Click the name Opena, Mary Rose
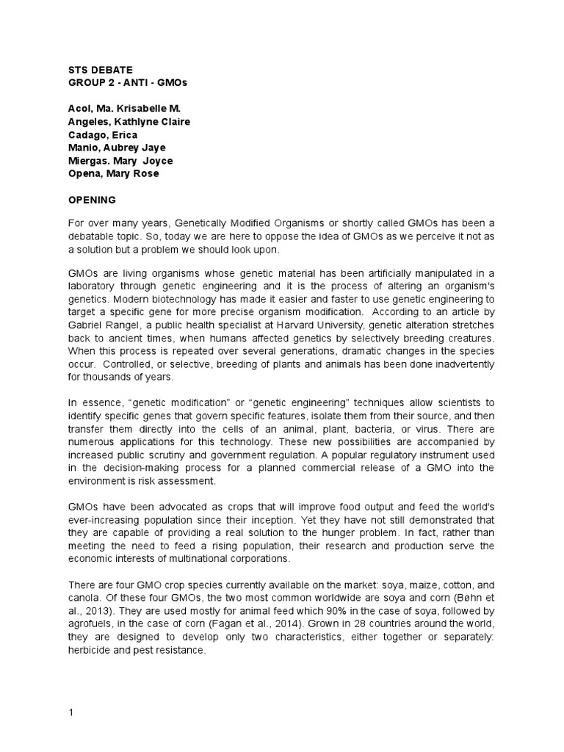coord(109,173)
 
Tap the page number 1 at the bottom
coord(71,712)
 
